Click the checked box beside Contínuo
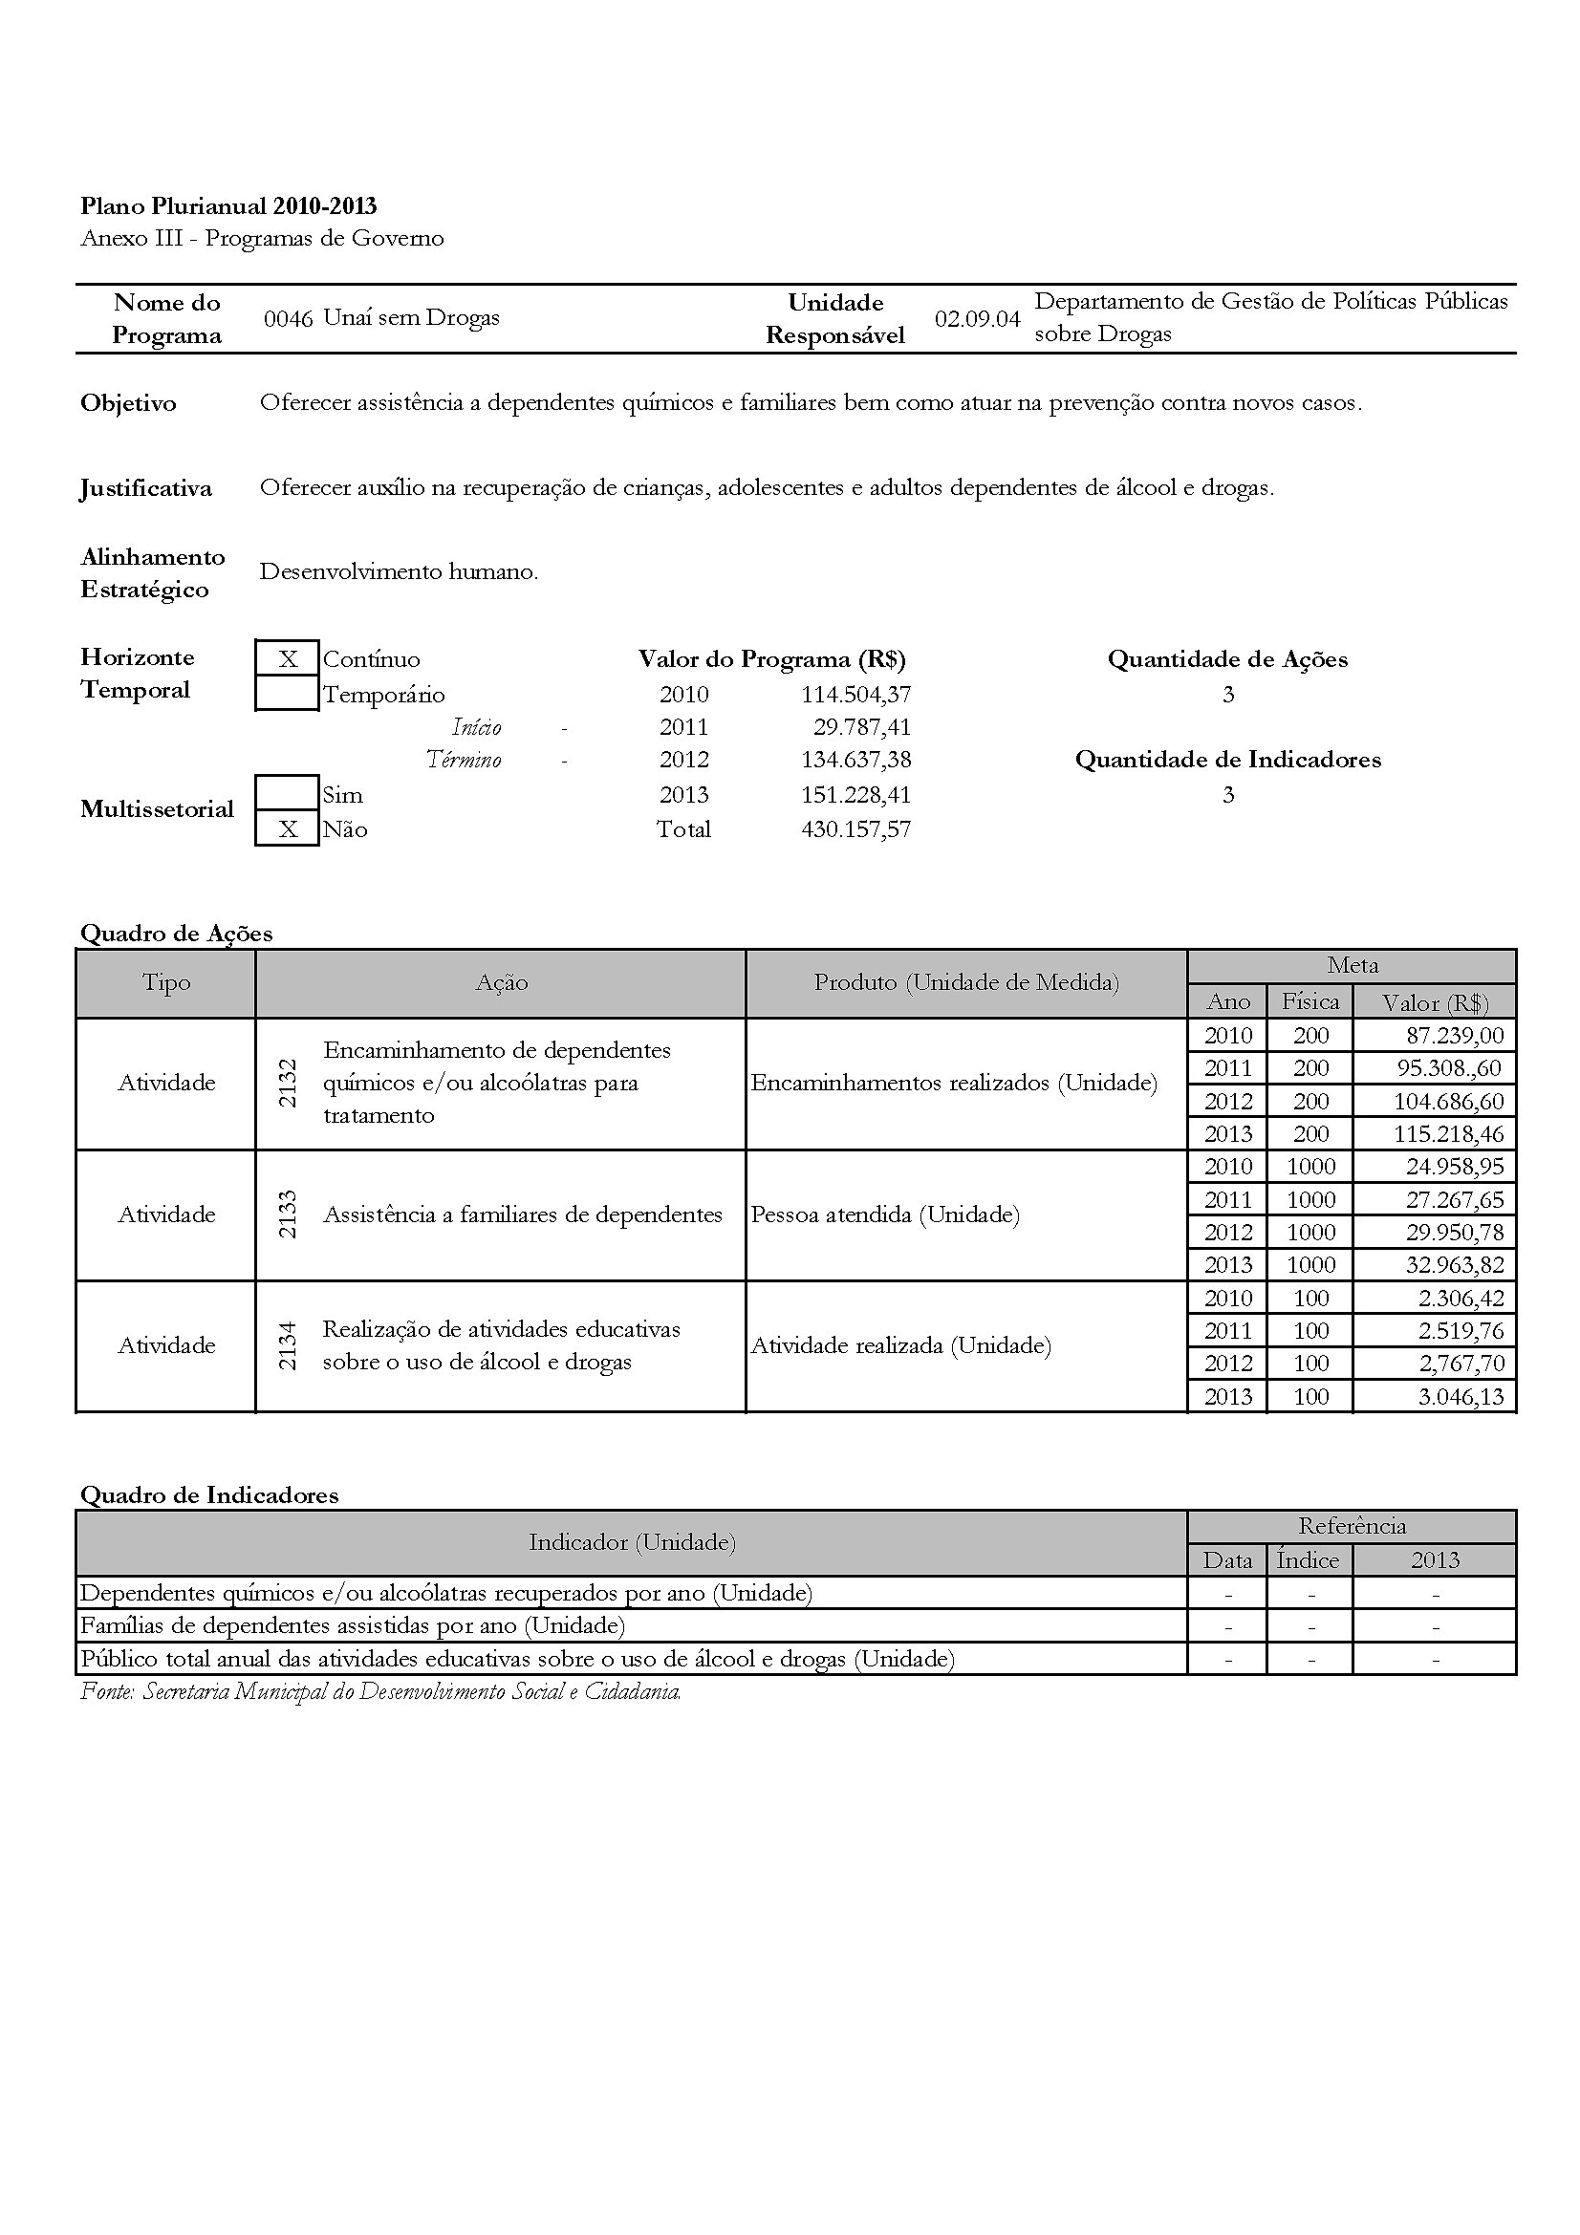pos(287,659)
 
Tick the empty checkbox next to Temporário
pos(287,694)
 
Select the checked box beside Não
pos(287,829)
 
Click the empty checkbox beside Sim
pos(287,794)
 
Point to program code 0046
pos(288,318)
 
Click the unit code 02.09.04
pos(978,318)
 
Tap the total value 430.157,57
pos(855,829)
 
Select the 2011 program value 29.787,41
pos(861,727)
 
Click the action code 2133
pos(287,1214)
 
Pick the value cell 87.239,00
pos(1455,1036)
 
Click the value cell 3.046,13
pos(1461,1397)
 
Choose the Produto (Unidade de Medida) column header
pos(966,983)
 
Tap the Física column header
pos(1310,1001)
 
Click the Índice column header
pos(1309,1560)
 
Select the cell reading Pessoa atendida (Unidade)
pos(885,1214)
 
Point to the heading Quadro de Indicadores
pos(209,1495)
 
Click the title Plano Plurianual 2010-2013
pos(228,206)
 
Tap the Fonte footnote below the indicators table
pos(380,1692)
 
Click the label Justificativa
pos(146,487)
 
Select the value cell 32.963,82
pos(1455,1265)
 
